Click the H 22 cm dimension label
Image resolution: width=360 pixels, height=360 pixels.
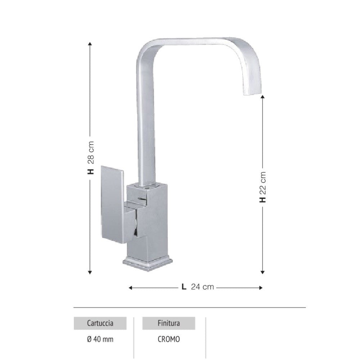click(263, 187)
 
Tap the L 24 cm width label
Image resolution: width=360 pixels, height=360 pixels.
click(198, 287)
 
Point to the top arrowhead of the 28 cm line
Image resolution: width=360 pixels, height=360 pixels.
click(90, 44)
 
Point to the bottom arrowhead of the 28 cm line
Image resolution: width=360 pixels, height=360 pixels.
click(90, 273)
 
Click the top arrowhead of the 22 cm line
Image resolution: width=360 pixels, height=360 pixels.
click(263, 98)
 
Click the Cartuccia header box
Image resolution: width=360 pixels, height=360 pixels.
click(100, 323)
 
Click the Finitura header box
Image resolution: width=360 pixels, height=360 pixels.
click(168, 323)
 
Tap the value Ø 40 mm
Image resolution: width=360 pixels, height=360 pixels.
click(100, 339)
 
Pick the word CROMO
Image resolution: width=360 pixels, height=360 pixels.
click(168, 339)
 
